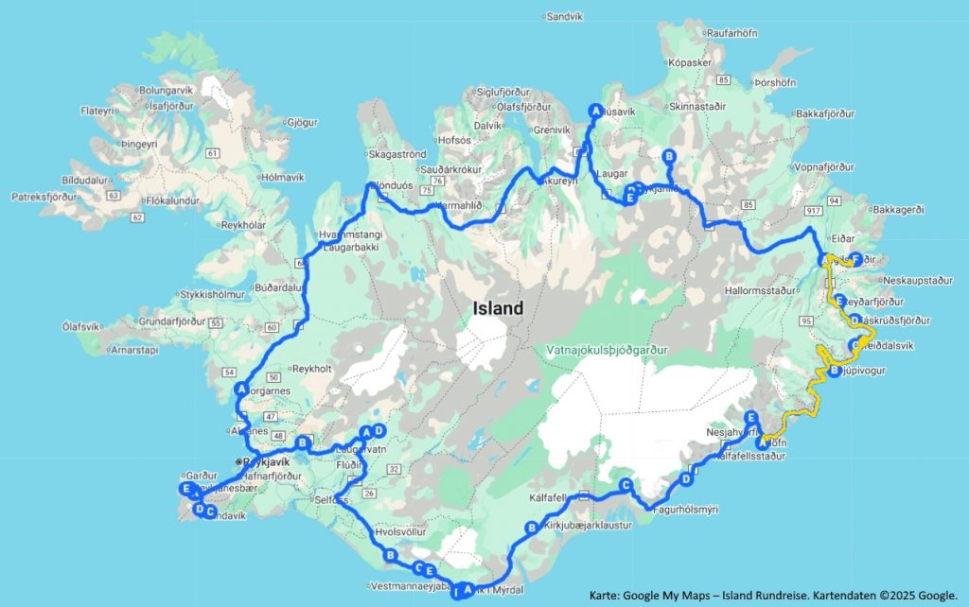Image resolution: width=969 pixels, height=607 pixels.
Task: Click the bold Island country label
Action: click(498, 309)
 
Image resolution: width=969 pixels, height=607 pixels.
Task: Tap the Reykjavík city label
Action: click(266, 462)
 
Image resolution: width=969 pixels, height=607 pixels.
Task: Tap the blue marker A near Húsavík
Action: click(595, 110)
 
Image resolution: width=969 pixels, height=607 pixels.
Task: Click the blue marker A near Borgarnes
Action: click(241, 389)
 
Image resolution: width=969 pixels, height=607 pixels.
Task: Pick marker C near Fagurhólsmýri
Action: click(625, 485)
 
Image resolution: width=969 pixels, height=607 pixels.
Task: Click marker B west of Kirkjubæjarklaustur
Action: click(531, 528)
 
